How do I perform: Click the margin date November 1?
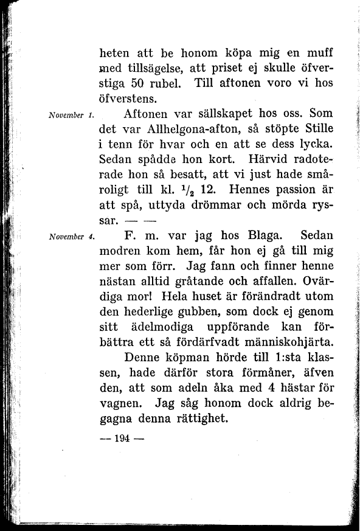(69, 116)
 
